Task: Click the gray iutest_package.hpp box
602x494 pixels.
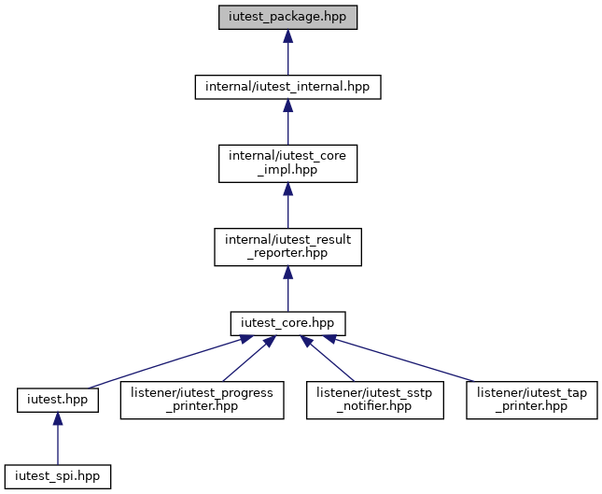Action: pyautogui.click(x=288, y=18)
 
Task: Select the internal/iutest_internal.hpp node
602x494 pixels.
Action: pyautogui.click(x=288, y=87)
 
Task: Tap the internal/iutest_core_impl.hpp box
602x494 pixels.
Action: pyautogui.click(x=288, y=163)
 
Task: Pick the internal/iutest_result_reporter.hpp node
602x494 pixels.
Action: pyautogui.click(x=288, y=247)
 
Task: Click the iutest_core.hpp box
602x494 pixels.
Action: pyautogui.click(x=288, y=323)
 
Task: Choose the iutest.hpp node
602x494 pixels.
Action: pyautogui.click(x=58, y=401)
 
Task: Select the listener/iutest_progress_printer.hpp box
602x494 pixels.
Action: pyautogui.click(x=202, y=401)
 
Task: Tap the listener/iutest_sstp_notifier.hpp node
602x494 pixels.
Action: pyautogui.click(x=374, y=401)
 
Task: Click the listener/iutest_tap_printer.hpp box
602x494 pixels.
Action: pyautogui.click(x=532, y=401)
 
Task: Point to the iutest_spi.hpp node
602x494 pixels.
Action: pyautogui.click(x=58, y=476)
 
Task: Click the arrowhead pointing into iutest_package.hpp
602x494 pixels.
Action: pyautogui.click(x=288, y=36)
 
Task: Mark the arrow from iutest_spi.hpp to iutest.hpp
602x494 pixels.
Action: pyautogui.click(x=58, y=439)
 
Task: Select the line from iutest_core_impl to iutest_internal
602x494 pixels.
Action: pyautogui.click(x=288, y=121)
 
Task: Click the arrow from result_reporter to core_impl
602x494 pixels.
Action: pyautogui.click(x=288, y=205)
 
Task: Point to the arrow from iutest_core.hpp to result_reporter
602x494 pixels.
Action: pyautogui.click(x=288, y=289)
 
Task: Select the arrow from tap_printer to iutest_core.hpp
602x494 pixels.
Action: pyautogui.click(x=399, y=358)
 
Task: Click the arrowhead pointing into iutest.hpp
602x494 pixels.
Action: pyautogui.click(x=58, y=419)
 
